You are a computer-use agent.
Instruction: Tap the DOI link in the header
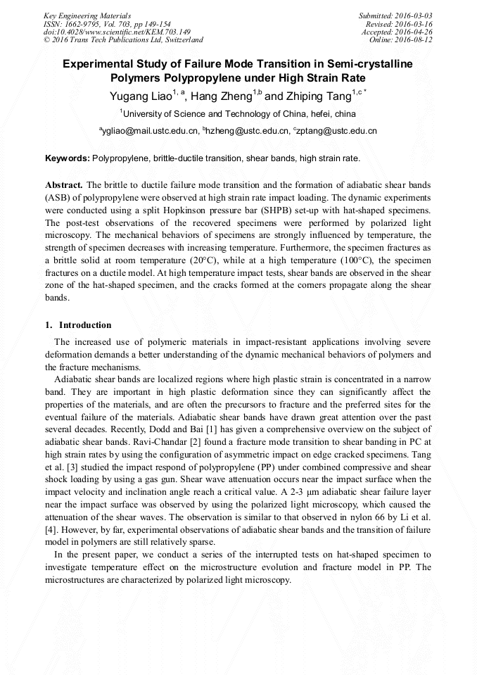(x=117, y=32)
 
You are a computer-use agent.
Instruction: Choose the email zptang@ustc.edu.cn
(x=337, y=131)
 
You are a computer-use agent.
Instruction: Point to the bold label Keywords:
(x=68, y=158)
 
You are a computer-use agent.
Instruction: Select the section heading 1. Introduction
(x=78, y=325)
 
